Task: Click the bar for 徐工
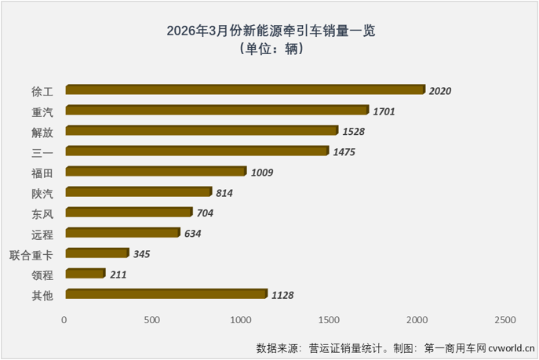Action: tap(245, 90)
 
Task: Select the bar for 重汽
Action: tap(217, 111)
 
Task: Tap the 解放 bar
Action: tap(202, 131)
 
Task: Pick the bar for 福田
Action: tap(155, 171)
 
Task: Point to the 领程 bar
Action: tap(85, 274)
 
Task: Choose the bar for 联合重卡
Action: tap(97, 253)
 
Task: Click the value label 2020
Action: tap(441, 91)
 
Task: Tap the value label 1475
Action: tap(344, 151)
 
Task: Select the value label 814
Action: tap(223, 192)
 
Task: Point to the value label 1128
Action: tap(283, 295)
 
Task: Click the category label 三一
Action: tap(43, 151)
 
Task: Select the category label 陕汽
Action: tap(43, 192)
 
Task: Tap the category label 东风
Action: tap(43, 213)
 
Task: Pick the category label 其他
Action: tap(43, 295)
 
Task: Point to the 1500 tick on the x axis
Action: tap(329, 320)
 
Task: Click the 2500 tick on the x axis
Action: tap(505, 320)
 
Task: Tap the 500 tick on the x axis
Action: tap(152, 320)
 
